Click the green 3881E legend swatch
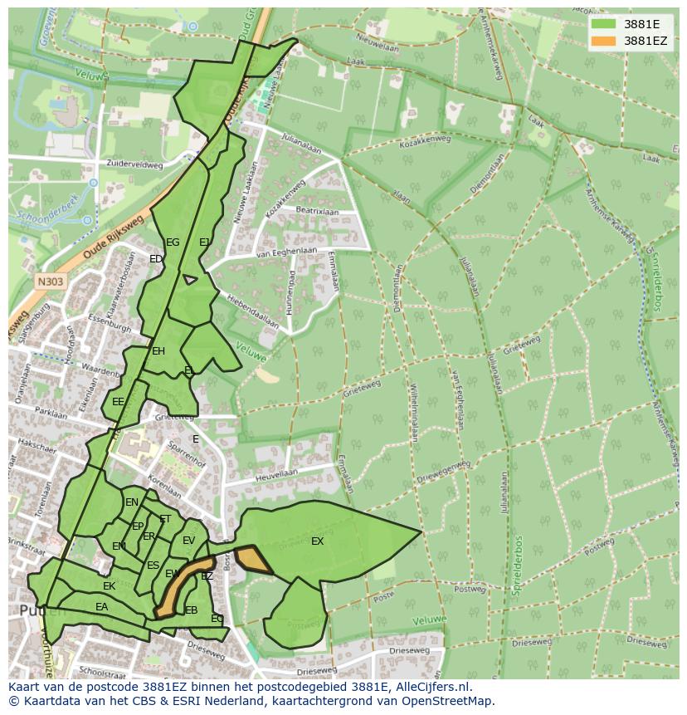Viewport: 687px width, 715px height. coord(603,24)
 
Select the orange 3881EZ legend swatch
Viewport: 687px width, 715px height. coord(603,41)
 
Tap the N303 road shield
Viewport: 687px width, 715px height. coord(51,282)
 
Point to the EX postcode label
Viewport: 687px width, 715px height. coord(317,541)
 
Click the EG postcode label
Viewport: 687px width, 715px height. coord(173,242)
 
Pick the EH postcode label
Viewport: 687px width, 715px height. coord(158,351)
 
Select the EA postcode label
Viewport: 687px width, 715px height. coord(101,607)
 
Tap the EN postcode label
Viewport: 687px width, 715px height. coord(132,502)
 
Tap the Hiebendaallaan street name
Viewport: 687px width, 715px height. coord(251,303)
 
